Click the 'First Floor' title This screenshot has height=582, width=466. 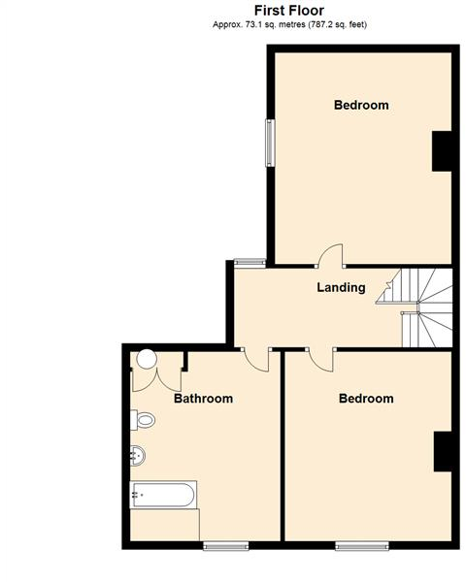click(288, 11)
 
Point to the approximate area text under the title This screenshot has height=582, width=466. click(289, 24)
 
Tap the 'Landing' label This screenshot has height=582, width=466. click(341, 287)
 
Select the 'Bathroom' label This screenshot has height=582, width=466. click(203, 399)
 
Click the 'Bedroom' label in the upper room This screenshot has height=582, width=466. click(361, 105)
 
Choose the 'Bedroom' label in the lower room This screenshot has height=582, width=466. click(366, 399)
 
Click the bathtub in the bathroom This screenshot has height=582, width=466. click(162, 496)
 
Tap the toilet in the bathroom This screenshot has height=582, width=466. click(144, 420)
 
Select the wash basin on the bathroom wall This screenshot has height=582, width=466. click(138, 454)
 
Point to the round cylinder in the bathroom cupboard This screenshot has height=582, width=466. click(146, 358)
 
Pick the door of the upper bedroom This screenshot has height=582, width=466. click(331, 256)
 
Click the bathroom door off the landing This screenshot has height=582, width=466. click(257, 358)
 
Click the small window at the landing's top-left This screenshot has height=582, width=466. click(250, 261)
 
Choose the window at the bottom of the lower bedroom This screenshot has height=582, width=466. click(363, 544)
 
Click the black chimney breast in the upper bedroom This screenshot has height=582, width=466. click(442, 149)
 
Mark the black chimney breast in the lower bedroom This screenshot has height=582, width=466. click(442, 451)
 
